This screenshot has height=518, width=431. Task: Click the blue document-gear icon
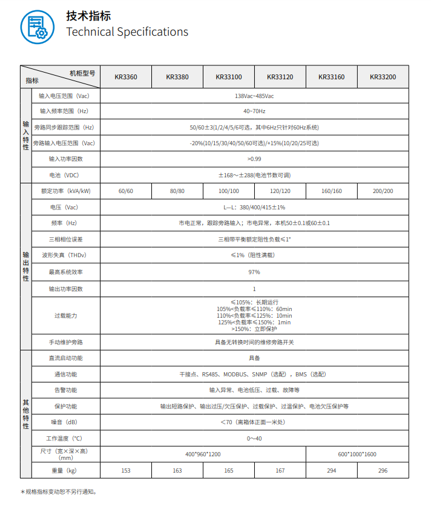click(37, 27)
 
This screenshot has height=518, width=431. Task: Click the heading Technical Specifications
click(127, 32)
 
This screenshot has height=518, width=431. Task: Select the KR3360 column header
click(126, 77)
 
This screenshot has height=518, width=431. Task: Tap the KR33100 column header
click(229, 77)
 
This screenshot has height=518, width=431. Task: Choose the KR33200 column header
click(383, 77)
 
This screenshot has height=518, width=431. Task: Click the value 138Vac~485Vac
click(254, 96)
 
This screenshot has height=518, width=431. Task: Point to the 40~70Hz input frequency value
click(254, 111)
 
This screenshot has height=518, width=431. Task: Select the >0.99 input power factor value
click(254, 159)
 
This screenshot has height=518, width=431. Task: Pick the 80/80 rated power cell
click(177, 191)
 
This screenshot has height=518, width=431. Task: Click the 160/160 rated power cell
click(332, 191)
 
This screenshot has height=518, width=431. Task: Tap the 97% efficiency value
click(254, 272)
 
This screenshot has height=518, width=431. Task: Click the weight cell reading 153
click(126, 470)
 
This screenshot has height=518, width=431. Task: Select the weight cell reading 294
click(332, 470)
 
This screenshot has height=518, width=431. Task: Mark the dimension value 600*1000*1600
click(357, 454)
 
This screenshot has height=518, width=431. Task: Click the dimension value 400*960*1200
click(203, 454)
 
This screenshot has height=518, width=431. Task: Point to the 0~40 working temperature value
click(254, 438)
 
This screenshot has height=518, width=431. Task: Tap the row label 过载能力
click(66, 316)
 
